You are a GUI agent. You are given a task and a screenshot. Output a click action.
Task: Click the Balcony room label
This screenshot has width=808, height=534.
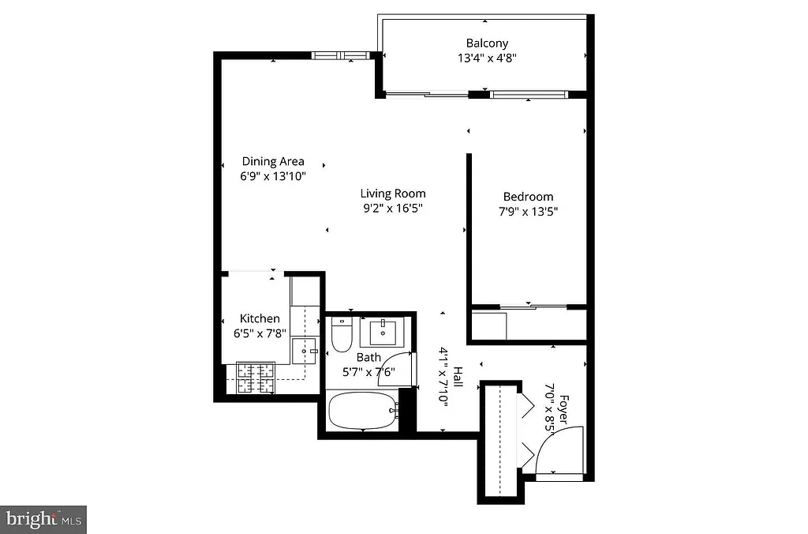[487, 43]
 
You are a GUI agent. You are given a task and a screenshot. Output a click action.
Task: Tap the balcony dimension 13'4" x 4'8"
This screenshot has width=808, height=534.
[487, 58]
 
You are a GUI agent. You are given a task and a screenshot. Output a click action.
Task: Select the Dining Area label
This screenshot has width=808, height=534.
[273, 161]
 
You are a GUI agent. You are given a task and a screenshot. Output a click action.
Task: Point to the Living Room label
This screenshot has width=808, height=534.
[393, 194]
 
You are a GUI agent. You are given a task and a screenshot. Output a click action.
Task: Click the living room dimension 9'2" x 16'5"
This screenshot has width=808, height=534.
[393, 209]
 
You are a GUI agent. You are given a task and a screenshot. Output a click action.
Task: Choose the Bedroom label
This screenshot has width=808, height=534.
[528, 197]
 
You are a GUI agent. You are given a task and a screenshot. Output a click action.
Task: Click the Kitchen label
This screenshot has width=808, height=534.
[260, 318]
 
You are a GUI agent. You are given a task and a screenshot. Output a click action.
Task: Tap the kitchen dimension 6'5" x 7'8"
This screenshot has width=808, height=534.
[260, 333]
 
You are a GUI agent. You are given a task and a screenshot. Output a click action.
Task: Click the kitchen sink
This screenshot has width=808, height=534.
[304, 349]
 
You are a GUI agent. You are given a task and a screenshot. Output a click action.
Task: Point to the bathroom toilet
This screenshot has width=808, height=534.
[342, 336]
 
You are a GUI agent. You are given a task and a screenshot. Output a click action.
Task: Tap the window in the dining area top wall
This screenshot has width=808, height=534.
[341, 56]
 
